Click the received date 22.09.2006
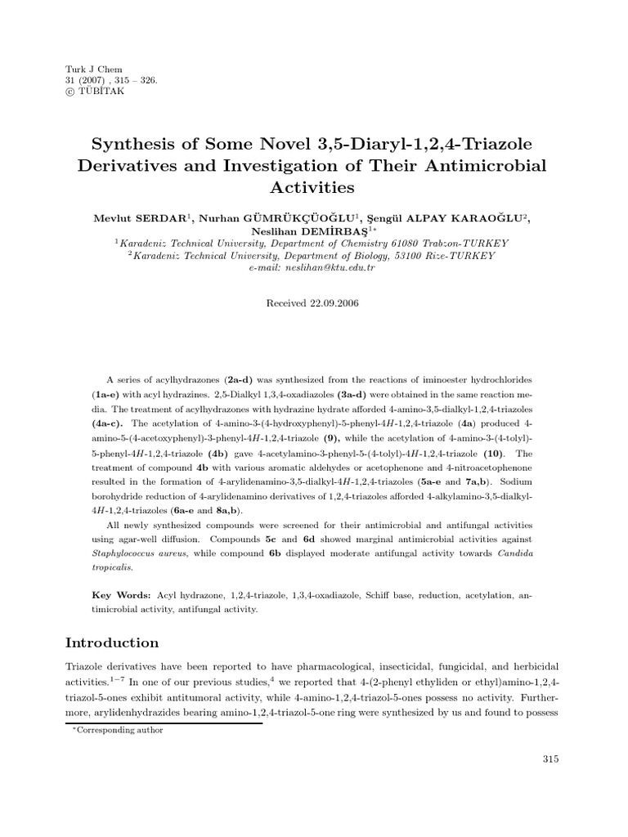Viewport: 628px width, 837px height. (332, 302)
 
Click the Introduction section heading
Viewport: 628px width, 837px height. (112, 642)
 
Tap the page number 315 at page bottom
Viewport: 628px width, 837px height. (549, 760)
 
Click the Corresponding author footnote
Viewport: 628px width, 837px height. (116, 730)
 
